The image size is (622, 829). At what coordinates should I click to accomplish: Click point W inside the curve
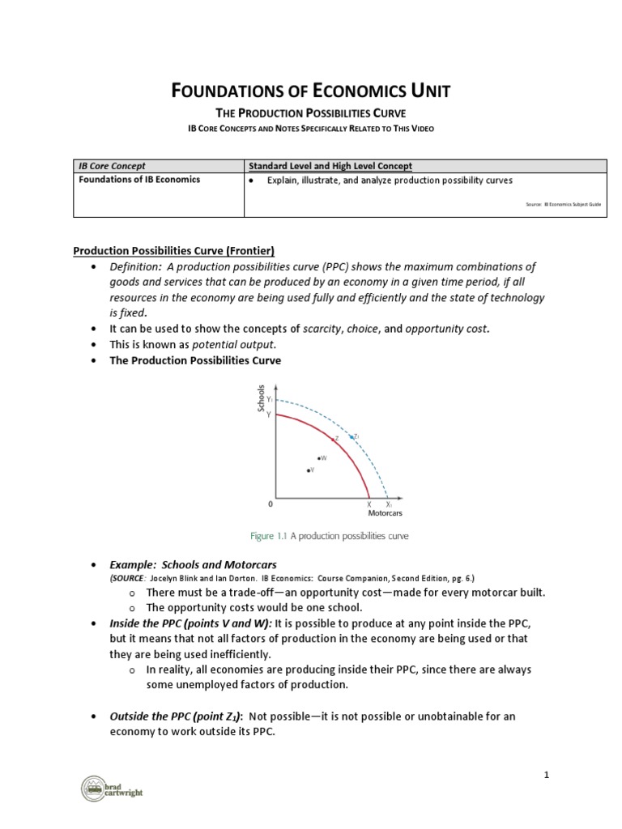pyautogui.click(x=319, y=458)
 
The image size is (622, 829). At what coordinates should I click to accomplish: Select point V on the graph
pyautogui.click(x=308, y=470)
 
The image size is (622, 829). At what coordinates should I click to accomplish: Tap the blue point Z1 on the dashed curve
pyautogui.click(x=351, y=436)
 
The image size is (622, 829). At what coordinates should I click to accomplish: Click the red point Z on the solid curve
pyautogui.click(x=333, y=439)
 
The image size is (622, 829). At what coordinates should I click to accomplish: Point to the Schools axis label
pyautogui.click(x=261, y=398)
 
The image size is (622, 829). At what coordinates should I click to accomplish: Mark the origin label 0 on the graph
pyautogui.click(x=270, y=504)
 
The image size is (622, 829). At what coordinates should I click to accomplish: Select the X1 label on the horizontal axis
pyautogui.click(x=389, y=504)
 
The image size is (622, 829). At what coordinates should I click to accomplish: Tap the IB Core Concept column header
pyautogui.click(x=112, y=166)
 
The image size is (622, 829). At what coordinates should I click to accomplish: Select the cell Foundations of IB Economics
pyautogui.click(x=138, y=180)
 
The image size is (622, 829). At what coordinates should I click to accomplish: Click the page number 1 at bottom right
pyautogui.click(x=547, y=775)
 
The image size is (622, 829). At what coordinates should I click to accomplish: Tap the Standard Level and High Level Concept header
pyautogui.click(x=330, y=166)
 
